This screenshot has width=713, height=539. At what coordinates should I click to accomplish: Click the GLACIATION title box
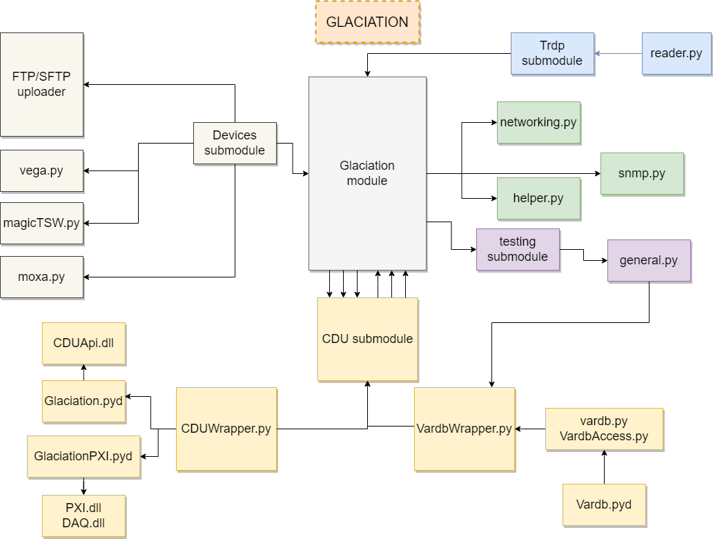(x=367, y=22)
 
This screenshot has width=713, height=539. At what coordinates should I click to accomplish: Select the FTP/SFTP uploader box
(x=41, y=84)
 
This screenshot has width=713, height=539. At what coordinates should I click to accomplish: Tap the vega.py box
(x=41, y=170)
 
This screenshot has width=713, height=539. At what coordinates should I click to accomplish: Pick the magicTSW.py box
(x=41, y=224)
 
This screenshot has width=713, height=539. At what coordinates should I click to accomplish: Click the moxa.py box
(x=41, y=277)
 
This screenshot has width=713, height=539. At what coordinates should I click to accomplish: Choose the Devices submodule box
(x=235, y=143)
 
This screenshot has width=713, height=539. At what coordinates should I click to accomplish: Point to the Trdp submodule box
(x=551, y=53)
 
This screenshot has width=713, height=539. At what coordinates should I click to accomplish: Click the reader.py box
(x=676, y=53)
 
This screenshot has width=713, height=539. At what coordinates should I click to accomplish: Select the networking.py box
(x=538, y=122)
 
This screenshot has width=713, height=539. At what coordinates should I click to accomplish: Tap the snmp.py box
(x=641, y=173)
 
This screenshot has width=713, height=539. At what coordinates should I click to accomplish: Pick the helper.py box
(x=538, y=198)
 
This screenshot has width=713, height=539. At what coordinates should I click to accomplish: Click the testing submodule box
(x=517, y=249)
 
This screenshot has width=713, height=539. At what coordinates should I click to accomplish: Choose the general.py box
(x=648, y=260)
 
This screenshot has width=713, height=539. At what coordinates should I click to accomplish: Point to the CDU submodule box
(x=367, y=339)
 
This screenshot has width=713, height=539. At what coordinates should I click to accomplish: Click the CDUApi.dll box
(x=84, y=343)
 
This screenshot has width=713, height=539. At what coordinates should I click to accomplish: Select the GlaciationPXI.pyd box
(x=84, y=456)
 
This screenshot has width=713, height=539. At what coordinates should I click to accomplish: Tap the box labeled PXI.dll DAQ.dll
(x=84, y=516)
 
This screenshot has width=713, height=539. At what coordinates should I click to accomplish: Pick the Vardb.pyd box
(x=604, y=504)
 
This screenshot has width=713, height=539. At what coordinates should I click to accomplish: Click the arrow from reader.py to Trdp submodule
(x=618, y=53)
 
